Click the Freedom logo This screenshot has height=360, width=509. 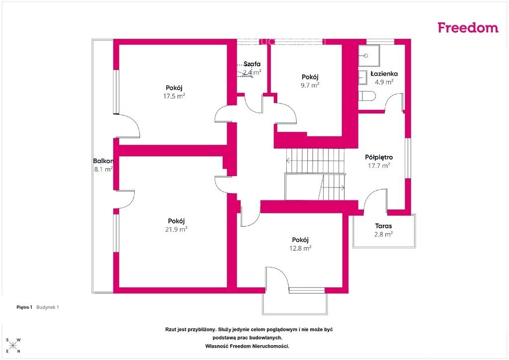point(468,27)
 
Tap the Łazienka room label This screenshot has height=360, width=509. point(384,74)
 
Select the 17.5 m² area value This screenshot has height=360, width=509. point(174,96)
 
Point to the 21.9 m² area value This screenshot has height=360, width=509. point(176,229)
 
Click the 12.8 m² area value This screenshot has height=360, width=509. point(300,248)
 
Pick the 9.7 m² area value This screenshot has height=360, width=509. point(310,85)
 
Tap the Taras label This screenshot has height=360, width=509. point(383,226)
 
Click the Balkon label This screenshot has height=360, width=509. point(103,161)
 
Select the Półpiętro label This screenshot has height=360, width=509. point(379,158)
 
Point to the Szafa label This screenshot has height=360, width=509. point(252,64)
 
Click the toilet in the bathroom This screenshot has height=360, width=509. point(367,96)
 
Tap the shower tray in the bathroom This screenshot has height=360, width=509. point(369,56)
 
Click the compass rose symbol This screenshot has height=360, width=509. point(12,346)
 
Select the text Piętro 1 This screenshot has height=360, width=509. point(24,307)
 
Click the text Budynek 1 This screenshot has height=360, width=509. point(47,307)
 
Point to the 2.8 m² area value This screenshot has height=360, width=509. point(383,234)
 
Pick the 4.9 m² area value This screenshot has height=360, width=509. point(384,82)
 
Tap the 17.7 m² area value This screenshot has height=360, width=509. point(379,166)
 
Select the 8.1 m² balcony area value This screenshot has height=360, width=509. point(103,169)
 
